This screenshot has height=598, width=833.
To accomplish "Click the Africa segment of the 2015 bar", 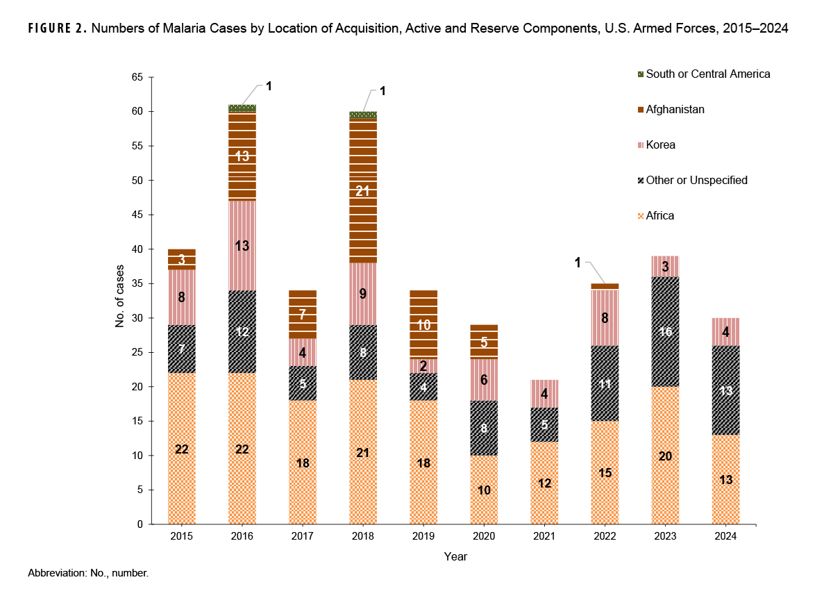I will coord(181,449).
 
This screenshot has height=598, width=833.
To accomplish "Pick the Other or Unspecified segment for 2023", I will coord(665,332).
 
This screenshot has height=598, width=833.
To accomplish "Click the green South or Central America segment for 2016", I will coord(242,108).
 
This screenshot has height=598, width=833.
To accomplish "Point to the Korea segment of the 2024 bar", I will coord(725,332).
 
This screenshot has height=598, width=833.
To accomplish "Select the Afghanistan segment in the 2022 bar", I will coord(605,286).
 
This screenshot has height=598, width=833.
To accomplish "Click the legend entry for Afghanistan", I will coord(675,109).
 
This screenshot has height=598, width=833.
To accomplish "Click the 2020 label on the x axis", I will coord(483,537).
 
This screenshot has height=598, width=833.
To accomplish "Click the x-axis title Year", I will coord(455,556).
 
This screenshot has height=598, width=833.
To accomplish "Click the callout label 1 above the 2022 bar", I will coord(577,263).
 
